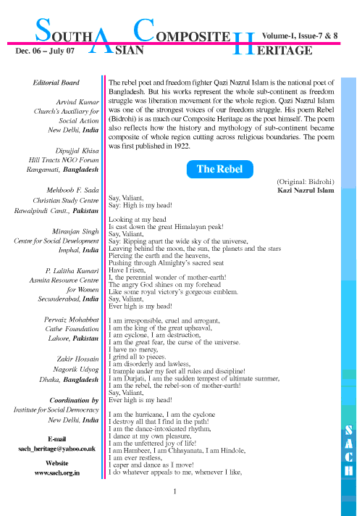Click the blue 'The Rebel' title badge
[x=219, y=169]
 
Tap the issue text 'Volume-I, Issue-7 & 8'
[x=300, y=36]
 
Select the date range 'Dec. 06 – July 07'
[x=45, y=51]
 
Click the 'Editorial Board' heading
[x=56, y=83]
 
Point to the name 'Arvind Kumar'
[x=77, y=102]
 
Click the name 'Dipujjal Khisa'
[x=77, y=151]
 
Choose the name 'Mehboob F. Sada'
[x=72, y=190]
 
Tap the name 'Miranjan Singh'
[x=75, y=231]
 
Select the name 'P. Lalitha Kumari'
[x=72, y=271]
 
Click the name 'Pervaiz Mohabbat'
[x=72, y=320]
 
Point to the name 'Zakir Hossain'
[x=77, y=359]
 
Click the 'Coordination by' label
[x=74, y=400]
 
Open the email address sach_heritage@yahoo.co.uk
[x=57, y=449]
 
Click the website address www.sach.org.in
[x=57, y=473]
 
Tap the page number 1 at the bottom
[x=174, y=491]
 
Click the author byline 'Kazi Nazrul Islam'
[x=306, y=190]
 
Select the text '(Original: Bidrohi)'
[x=306, y=182]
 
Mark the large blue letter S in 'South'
[x=43, y=30]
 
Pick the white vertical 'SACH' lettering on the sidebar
[x=349, y=451]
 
